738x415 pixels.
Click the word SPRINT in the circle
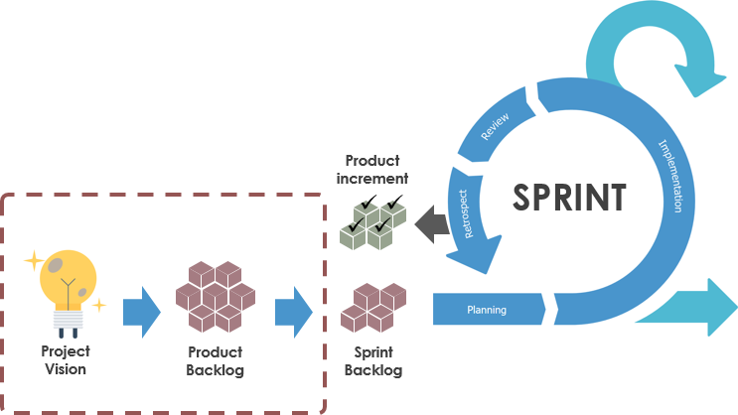point(569,197)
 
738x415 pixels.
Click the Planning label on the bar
point(487,310)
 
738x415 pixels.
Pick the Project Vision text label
point(65,360)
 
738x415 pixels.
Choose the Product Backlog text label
point(215,360)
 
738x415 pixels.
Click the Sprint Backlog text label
point(372,360)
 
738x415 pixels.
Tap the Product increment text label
point(372,170)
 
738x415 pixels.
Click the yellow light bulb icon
point(68,279)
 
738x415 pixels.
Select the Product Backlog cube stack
point(215,296)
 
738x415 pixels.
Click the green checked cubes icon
point(372,220)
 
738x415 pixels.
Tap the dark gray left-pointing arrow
point(432,223)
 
